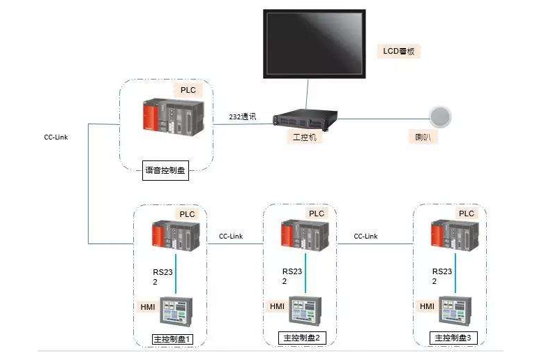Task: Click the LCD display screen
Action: tap(314, 43)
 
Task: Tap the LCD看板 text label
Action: tap(402, 51)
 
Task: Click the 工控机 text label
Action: tap(304, 137)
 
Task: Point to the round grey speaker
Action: tap(439, 117)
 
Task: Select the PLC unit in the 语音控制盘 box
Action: tap(171, 117)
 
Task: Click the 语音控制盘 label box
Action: tap(165, 170)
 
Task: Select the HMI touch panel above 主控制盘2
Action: tap(306, 310)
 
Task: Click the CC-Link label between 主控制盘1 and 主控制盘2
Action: tap(231, 236)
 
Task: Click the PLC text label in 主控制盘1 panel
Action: tap(187, 214)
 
